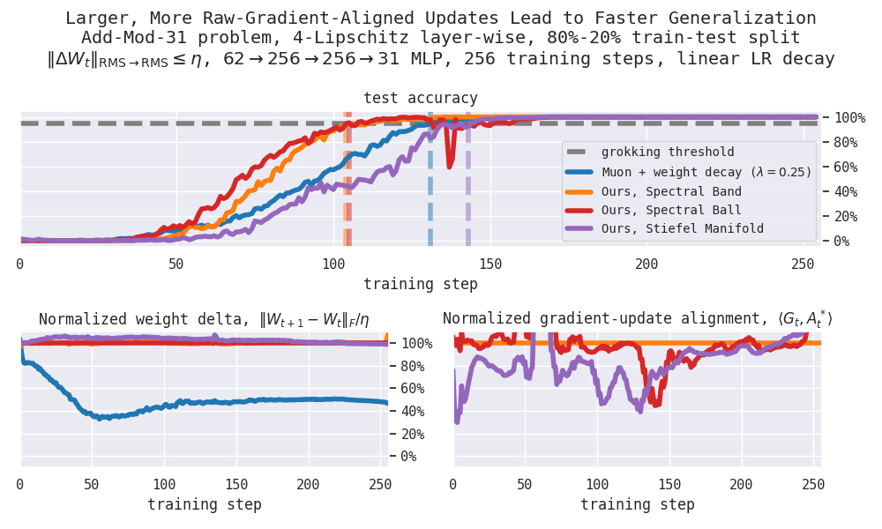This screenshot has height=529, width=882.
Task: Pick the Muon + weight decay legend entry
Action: pos(706,172)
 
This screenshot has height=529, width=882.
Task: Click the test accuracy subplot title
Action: pos(421,98)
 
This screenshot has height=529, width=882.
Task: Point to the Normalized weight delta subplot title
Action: pos(203,319)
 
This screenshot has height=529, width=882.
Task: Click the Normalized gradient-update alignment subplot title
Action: pos(637,318)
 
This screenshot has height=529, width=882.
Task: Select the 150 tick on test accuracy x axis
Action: pos(490,264)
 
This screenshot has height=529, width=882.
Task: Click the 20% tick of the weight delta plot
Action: pos(407,434)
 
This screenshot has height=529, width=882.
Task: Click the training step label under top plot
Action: pos(421,284)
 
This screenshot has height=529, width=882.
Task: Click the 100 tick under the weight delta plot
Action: pos(164,485)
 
